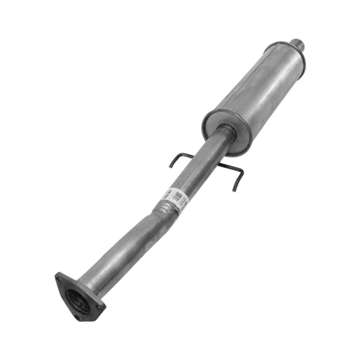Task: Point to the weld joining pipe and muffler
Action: point(225,130)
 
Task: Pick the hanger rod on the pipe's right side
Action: point(231,169)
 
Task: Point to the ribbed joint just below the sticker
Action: point(160,209)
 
